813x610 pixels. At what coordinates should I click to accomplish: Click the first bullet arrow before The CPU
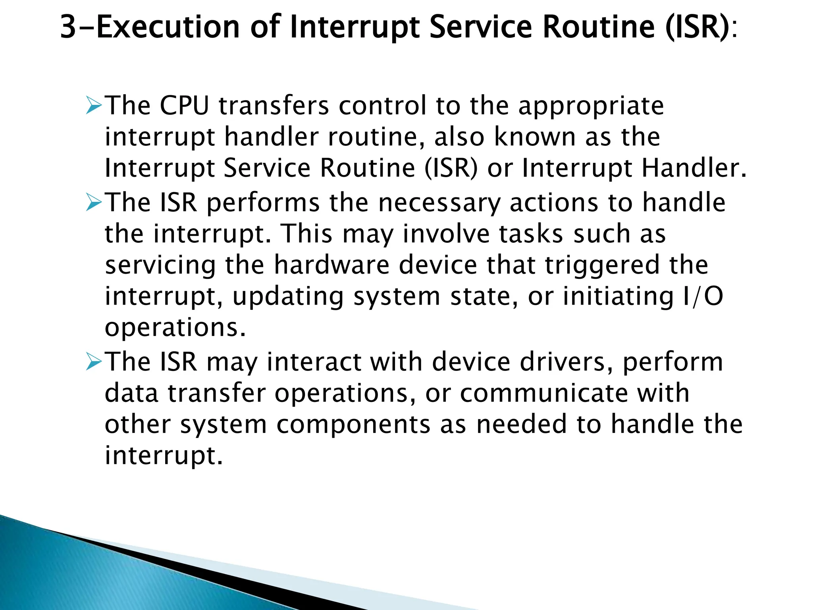94,106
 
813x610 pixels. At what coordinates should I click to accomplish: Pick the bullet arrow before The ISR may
94,362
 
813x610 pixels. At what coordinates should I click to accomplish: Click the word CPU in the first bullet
184,106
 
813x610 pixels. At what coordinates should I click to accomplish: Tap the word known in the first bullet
535,137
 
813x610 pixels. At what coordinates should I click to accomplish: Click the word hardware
331,265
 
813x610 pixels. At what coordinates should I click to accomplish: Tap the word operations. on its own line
175,328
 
